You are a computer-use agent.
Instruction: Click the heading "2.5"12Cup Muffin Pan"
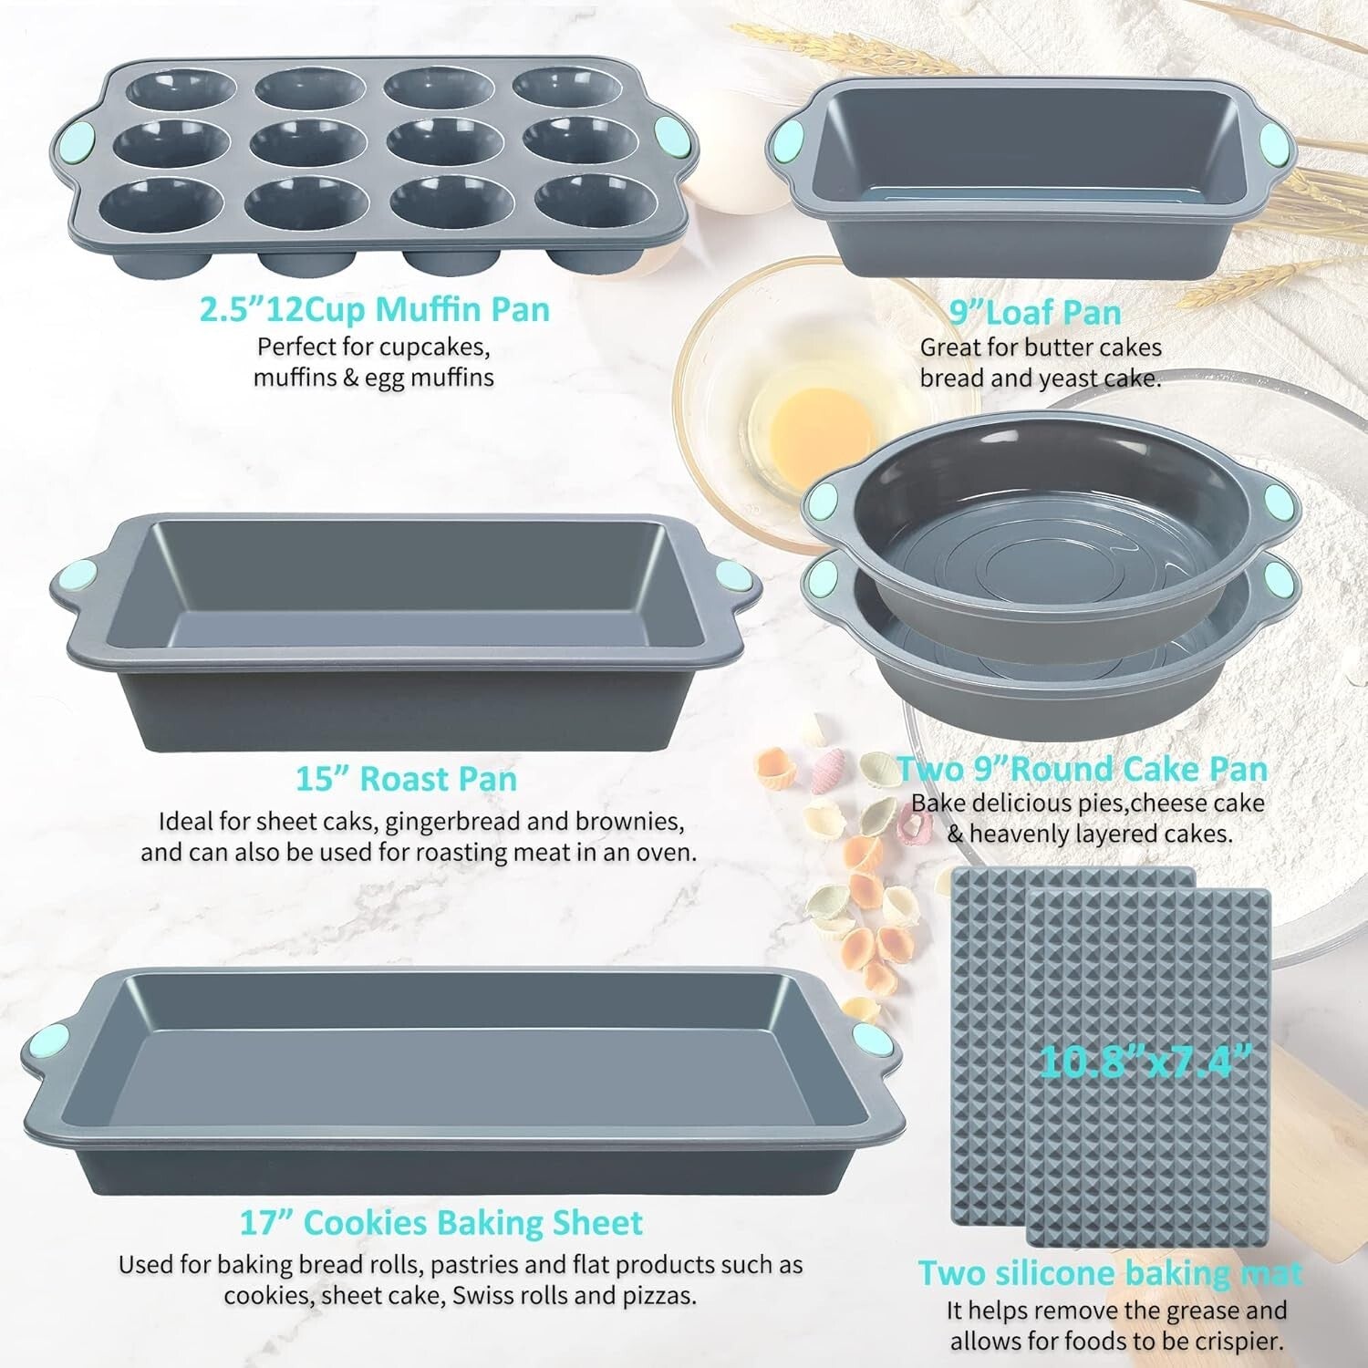pos(375,309)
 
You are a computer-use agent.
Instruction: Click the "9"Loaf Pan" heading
pos(1035,313)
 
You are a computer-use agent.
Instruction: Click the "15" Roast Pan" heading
pos(406,779)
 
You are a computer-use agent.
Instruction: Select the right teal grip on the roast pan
pos(731,576)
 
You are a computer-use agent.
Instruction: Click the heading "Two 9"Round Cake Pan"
pos(1083,769)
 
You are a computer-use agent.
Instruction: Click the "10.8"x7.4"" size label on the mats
pos(1145,1061)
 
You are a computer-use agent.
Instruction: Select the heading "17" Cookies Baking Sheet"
pos(441,1222)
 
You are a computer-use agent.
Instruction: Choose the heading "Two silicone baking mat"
pos(1110,1272)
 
